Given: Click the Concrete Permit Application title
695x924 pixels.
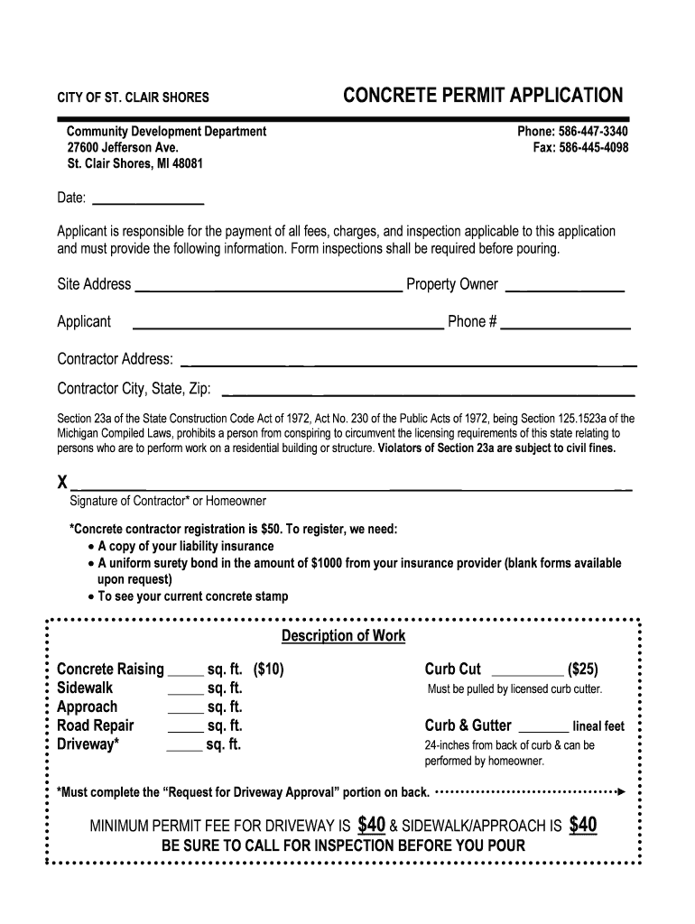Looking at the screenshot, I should click(x=482, y=96).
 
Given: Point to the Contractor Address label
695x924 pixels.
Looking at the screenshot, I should click(x=115, y=359).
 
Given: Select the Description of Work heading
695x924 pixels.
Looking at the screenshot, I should click(x=343, y=636).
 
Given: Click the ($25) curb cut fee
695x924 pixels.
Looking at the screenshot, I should click(x=582, y=670).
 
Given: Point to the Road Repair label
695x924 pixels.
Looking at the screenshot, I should click(x=95, y=725).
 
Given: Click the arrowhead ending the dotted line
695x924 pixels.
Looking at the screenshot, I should click(x=621, y=791).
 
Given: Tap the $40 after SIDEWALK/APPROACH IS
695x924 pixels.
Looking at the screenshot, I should click(x=582, y=825).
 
